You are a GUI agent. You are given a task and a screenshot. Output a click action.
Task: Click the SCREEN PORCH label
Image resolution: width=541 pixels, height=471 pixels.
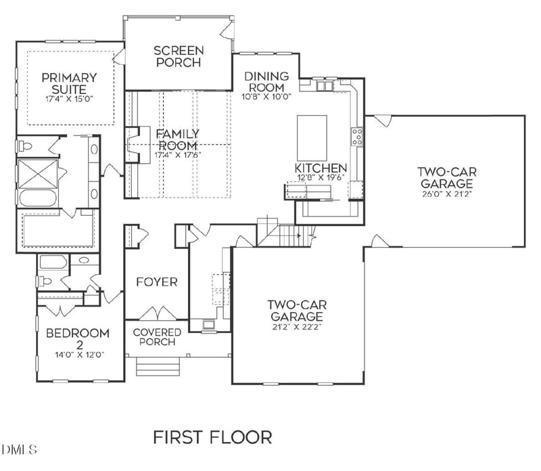179,56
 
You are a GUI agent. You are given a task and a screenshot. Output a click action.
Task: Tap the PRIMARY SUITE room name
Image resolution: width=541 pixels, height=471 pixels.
69,84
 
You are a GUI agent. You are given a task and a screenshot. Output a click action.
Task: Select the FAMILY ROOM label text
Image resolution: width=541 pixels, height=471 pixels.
178,139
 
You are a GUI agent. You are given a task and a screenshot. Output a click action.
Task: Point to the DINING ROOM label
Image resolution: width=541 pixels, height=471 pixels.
266,82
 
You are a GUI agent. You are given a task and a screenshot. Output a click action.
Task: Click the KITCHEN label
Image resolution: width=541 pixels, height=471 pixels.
321,168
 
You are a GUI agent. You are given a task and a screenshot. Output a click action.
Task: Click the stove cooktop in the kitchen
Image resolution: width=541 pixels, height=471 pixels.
356,137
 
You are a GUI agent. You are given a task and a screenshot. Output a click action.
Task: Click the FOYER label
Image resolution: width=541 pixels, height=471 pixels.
157,282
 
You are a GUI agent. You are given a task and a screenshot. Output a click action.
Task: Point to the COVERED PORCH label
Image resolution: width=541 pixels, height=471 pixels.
157,337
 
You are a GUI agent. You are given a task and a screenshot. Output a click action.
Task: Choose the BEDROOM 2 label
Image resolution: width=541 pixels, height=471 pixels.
78,339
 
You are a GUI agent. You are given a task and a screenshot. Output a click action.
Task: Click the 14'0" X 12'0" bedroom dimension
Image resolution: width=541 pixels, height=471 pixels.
80,355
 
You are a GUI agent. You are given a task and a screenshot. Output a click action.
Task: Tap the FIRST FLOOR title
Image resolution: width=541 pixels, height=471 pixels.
212,436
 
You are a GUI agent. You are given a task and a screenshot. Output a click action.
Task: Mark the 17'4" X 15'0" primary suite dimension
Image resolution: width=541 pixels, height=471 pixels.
69,99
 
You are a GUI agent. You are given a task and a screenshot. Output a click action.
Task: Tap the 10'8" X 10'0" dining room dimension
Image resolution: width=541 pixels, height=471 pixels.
266,96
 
